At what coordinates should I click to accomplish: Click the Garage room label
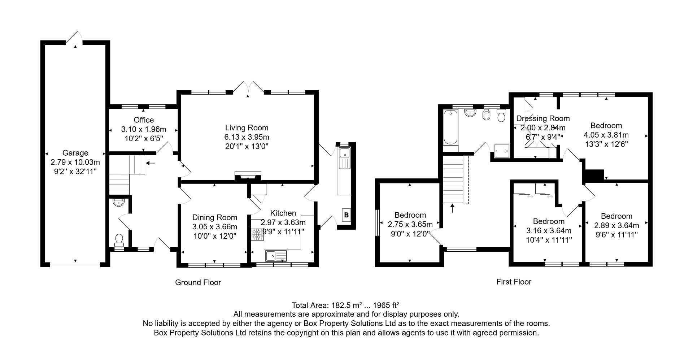point(75,153)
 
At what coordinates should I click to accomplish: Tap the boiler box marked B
point(346,215)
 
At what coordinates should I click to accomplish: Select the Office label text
point(144,120)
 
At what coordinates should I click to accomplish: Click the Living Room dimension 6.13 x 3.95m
point(247,137)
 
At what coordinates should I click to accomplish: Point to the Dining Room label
point(214,217)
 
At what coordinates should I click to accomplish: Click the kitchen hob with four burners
point(257,234)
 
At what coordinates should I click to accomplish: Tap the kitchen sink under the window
point(276,256)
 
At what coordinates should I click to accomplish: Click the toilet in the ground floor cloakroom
point(119,240)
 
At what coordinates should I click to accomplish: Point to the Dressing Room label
point(542,118)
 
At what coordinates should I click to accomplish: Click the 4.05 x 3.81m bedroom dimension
point(606,135)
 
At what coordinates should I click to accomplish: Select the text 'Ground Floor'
point(198,282)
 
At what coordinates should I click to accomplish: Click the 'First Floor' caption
point(514,282)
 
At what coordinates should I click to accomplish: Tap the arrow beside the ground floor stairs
point(151,163)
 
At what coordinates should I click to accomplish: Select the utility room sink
point(345,153)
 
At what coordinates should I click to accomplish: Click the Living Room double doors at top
point(248,88)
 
